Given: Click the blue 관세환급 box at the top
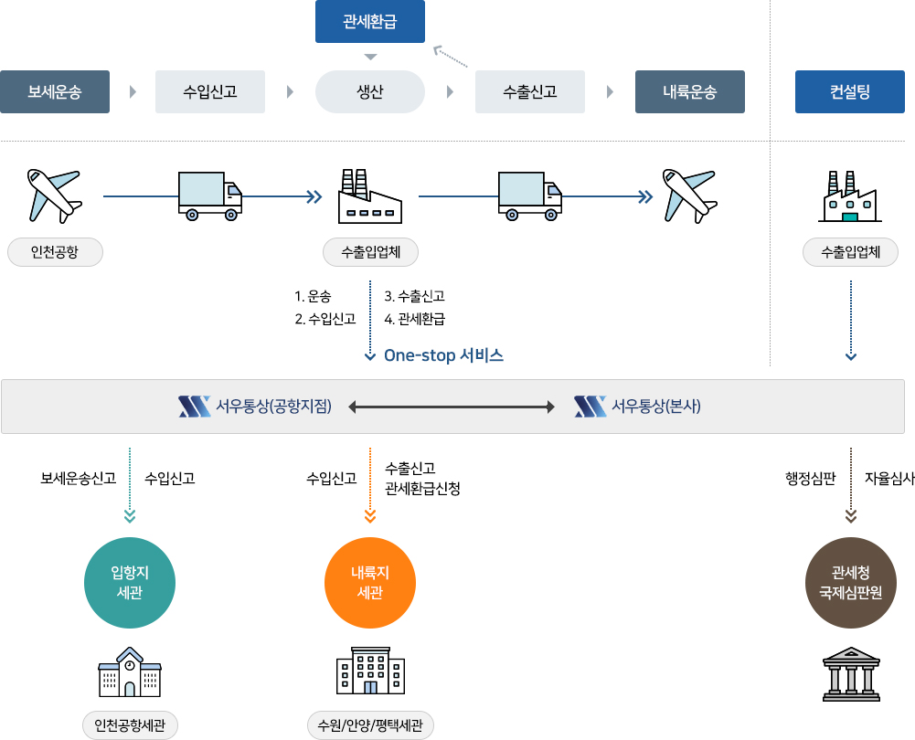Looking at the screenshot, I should point(369,22).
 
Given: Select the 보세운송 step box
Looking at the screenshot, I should point(55,91).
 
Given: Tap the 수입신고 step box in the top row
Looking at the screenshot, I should point(210,91).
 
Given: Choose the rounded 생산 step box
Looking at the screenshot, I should point(369,91).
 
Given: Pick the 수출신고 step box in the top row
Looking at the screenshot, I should point(530,91).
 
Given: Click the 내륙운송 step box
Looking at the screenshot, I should point(690,91).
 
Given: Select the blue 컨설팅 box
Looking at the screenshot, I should point(850,91).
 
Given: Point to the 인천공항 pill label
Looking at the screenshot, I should point(55,252).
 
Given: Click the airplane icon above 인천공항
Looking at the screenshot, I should point(55,195).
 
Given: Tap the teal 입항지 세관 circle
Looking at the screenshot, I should point(129,583).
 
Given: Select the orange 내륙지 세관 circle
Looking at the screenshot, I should point(370,583).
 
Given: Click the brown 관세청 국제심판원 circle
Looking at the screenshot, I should point(851,583).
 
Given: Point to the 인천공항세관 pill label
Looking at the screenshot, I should point(130,726).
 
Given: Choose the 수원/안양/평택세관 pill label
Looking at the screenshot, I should point(370,726).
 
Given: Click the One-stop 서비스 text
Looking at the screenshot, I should point(443,355).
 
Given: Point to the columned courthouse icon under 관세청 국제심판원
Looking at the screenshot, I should point(851,674).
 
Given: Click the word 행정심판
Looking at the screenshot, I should point(811,478).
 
